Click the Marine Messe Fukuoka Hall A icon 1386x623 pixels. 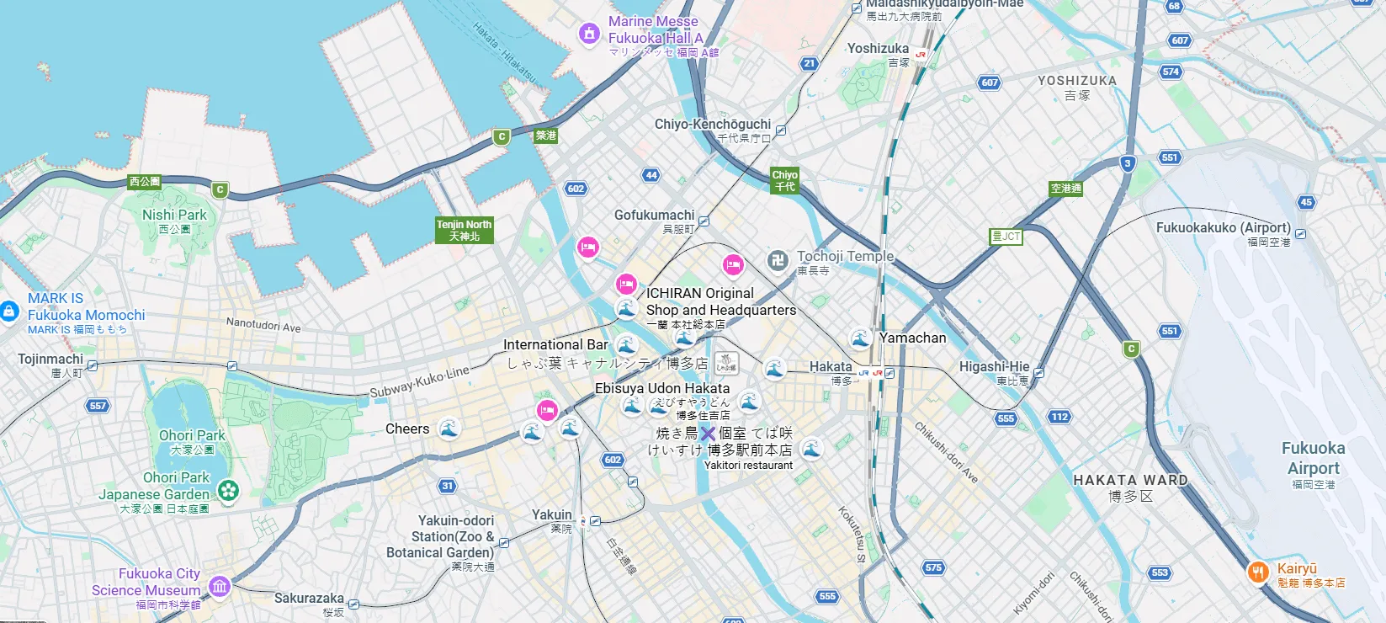click(x=589, y=34)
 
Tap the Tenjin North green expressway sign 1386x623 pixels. click(x=464, y=230)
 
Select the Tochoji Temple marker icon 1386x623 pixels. click(x=778, y=260)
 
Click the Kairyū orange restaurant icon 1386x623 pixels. click(x=1257, y=572)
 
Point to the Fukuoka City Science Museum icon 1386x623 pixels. click(x=220, y=586)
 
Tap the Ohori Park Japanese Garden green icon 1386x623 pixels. click(x=228, y=490)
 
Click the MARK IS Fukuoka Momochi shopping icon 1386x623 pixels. click(x=9, y=311)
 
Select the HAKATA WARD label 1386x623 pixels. click(x=1130, y=480)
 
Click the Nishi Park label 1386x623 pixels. click(x=174, y=215)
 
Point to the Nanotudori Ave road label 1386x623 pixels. click(x=263, y=325)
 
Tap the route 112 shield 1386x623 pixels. click(x=1059, y=417)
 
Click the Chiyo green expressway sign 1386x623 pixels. click(x=784, y=180)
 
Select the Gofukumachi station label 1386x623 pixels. click(x=655, y=216)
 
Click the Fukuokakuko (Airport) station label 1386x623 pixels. click(x=1223, y=227)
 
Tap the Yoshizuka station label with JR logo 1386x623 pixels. click(x=878, y=49)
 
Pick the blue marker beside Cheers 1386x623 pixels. click(x=449, y=429)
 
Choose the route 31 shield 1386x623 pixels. click(x=447, y=486)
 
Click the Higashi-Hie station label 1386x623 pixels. click(x=994, y=366)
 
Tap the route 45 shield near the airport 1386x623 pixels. click(x=1305, y=202)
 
